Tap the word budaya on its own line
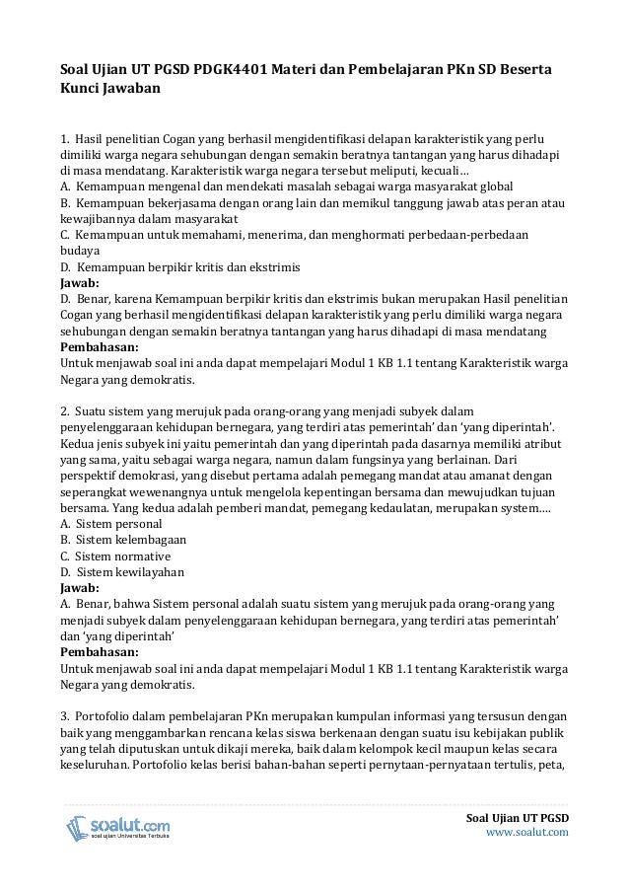[x=80, y=250]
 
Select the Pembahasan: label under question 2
[x=99, y=652]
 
